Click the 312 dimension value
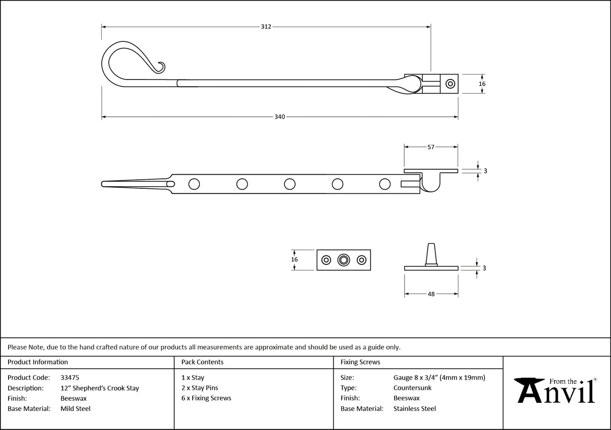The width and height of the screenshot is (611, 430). (x=266, y=26)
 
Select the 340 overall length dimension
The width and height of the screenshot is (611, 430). (x=279, y=117)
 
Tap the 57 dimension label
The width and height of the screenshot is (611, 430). (x=431, y=147)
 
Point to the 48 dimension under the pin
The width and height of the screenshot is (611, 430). (x=431, y=294)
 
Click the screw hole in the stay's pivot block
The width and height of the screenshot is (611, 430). (x=449, y=84)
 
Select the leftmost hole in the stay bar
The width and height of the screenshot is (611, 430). (x=194, y=184)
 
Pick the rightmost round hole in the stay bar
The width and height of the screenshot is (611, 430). (x=385, y=184)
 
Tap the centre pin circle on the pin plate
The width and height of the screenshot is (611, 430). (x=344, y=260)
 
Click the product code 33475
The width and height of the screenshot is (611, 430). (x=69, y=378)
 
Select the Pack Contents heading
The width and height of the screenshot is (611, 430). (x=202, y=362)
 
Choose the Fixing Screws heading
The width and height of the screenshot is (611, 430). (x=360, y=362)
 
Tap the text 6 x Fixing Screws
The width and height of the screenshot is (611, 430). (x=206, y=398)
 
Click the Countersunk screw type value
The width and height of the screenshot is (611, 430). (x=412, y=388)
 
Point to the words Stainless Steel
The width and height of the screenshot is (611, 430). (x=414, y=409)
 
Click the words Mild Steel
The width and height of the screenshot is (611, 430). (x=75, y=409)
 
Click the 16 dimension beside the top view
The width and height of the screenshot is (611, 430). (x=482, y=84)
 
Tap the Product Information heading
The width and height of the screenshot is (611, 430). (x=38, y=362)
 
